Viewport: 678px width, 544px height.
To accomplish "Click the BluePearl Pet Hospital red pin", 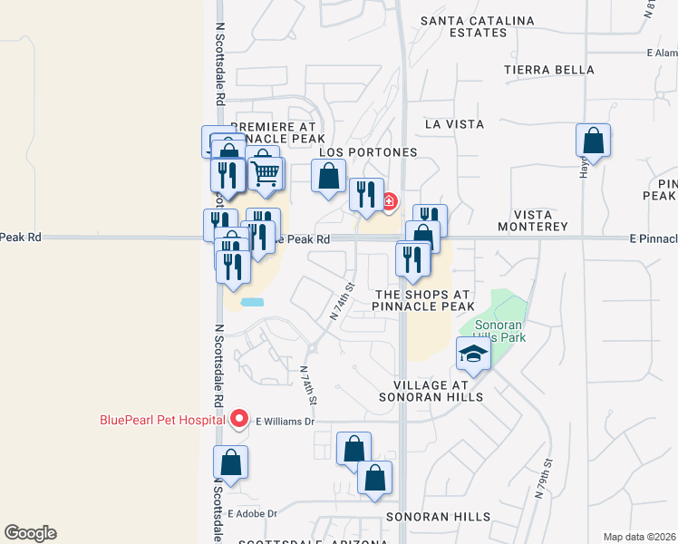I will (x=239, y=419).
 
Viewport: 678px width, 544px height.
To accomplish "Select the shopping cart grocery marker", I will (x=265, y=170).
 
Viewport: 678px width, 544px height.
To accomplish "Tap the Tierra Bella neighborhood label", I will (x=549, y=70).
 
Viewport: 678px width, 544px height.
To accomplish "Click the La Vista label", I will (x=453, y=123).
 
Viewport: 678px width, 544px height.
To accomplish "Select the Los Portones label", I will (x=368, y=152).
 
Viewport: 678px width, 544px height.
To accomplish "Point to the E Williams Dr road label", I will (x=284, y=421).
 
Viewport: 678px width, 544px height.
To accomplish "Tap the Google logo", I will (x=30, y=533).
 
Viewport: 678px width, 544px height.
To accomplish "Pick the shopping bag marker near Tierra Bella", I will (x=593, y=141).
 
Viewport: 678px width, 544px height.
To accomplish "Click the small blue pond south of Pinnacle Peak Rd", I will (x=253, y=301).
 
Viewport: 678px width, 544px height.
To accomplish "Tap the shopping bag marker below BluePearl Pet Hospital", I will (x=231, y=462).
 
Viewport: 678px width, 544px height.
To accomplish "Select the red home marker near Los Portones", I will (x=389, y=201).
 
